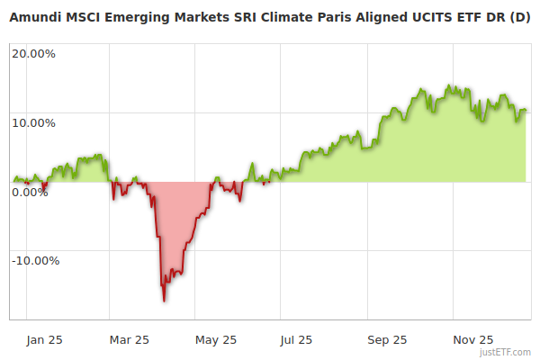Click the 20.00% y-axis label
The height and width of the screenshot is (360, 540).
click(x=33, y=53)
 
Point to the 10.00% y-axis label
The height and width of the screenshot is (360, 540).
click(x=33, y=122)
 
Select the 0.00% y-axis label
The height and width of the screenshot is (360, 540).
click(x=30, y=192)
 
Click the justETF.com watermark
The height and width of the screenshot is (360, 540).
click(x=508, y=352)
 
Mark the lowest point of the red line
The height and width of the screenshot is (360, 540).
click(x=164, y=300)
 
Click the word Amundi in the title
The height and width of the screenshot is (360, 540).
click(x=34, y=18)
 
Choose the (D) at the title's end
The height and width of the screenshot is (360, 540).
click(x=519, y=18)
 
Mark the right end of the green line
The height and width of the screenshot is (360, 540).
click(x=526, y=110)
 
